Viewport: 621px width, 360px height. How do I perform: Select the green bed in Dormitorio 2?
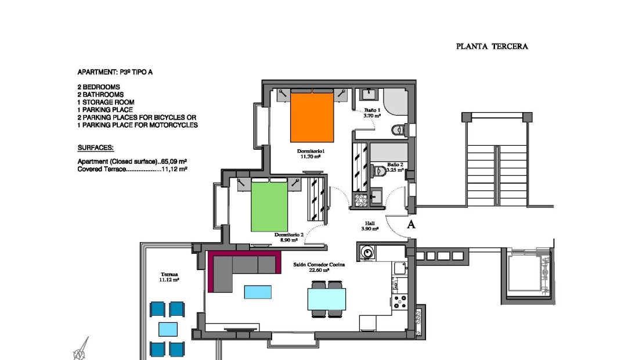(x=269, y=207)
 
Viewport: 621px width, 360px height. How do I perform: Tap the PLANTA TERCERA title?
(x=492, y=47)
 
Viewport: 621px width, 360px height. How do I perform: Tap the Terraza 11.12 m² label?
(x=169, y=276)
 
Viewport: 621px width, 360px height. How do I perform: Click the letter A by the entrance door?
(x=411, y=225)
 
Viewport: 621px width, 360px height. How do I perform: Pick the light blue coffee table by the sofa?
(x=258, y=291)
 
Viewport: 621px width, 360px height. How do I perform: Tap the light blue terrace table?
(x=168, y=329)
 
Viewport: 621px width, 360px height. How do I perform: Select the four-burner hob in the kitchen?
(x=400, y=301)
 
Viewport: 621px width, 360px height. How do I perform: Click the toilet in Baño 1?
(x=398, y=130)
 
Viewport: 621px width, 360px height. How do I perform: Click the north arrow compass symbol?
(x=80, y=350)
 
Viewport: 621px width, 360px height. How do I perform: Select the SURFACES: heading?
(x=95, y=147)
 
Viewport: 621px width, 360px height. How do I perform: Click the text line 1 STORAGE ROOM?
(x=106, y=102)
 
